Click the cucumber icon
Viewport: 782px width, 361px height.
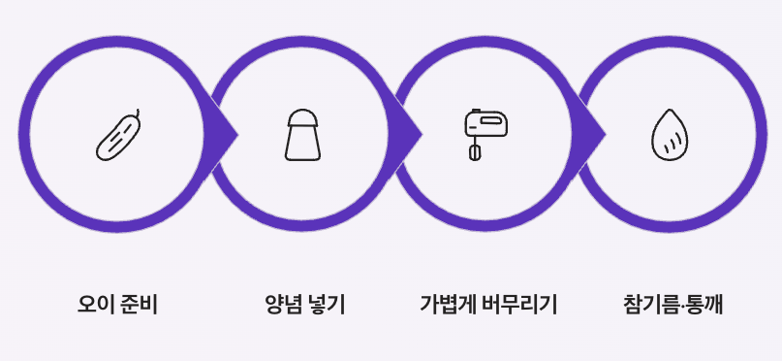[118, 135]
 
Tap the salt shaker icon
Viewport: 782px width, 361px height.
[302, 135]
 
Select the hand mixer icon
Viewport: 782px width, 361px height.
[485, 135]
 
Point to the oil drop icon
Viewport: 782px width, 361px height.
[670, 135]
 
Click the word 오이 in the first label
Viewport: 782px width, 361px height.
[96, 304]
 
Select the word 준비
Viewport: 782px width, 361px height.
[140, 304]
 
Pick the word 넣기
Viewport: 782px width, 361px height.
[327, 304]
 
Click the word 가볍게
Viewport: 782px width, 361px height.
[449, 304]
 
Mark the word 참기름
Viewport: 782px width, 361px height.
[651, 304]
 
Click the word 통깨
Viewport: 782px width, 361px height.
[704, 304]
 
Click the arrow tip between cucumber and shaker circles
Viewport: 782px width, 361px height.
[237, 134]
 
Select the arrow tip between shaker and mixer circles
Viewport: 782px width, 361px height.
[422, 134]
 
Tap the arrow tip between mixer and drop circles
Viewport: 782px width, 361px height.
[606, 134]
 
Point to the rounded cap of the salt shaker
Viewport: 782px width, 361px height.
[302, 117]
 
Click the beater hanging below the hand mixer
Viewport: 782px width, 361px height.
[475, 151]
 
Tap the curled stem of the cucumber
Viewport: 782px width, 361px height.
[138, 113]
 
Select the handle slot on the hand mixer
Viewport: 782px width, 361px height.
[490, 120]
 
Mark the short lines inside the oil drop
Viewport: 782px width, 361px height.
[672, 143]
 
